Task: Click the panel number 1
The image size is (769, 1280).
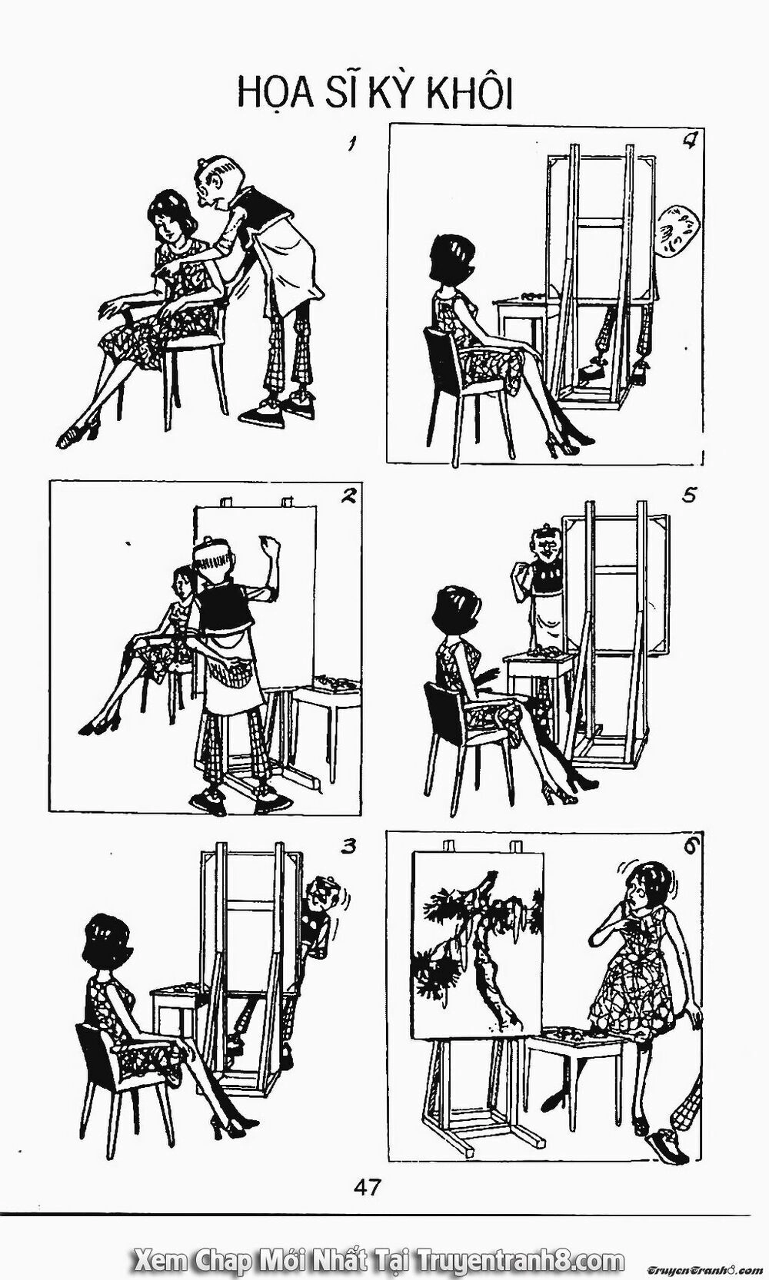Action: tap(350, 145)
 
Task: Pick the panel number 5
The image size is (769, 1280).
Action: tap(690, 496)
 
